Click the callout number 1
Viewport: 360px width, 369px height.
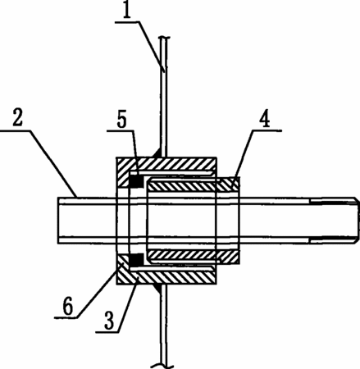click(x=126, y=11)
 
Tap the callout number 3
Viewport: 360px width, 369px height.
click(x=109, y=321)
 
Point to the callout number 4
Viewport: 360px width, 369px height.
click(x=264, y=119)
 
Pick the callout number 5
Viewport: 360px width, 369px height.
click(x=122, y=120)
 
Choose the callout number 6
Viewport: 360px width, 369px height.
click(x=67, y=307)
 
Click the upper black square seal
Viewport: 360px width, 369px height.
click(x=136, y=180)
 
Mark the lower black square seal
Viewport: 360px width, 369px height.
click(x=136, y=260)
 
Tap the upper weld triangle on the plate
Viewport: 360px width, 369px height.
click(x=157, y=153)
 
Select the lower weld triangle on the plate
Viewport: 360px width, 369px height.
click(x=157, y=289)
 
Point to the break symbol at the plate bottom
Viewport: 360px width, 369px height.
click(x=162, y=366)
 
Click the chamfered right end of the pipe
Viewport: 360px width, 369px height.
click(x=357, y=220)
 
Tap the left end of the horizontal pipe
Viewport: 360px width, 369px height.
click(x=58, y=220)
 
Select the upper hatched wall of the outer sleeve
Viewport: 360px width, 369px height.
click(x=166, y=166)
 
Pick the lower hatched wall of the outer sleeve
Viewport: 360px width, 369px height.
click(x=166, y=276)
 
